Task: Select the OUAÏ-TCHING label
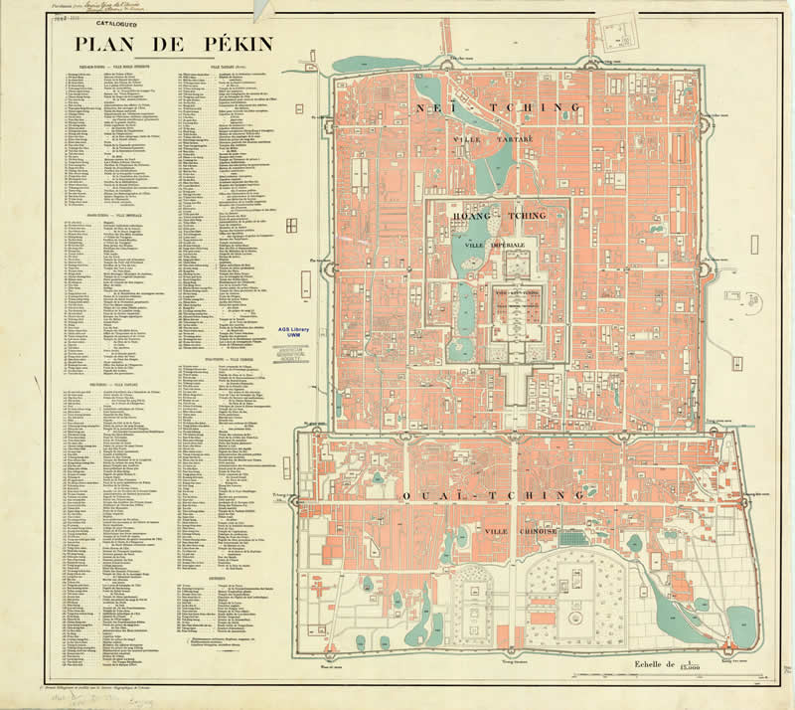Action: click(494, 495)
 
